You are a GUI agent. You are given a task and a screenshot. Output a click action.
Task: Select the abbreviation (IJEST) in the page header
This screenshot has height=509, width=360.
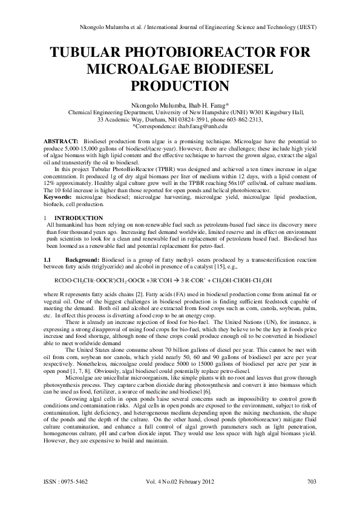point(308,28)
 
